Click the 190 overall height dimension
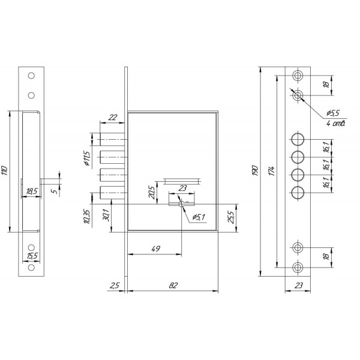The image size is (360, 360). coord(256,171)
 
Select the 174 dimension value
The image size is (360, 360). coord(272,171)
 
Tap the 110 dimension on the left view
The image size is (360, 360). coord(5,170)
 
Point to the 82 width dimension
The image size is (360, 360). coord(173,286)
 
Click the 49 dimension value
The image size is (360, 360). coord(156,248)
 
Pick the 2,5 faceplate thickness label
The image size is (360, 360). coord(115,286)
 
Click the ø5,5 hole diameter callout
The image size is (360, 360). coord(333,113)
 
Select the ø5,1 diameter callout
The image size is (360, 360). coord(199,217)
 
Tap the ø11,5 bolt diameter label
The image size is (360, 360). coord(87,158)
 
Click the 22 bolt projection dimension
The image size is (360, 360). coord(113,118)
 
